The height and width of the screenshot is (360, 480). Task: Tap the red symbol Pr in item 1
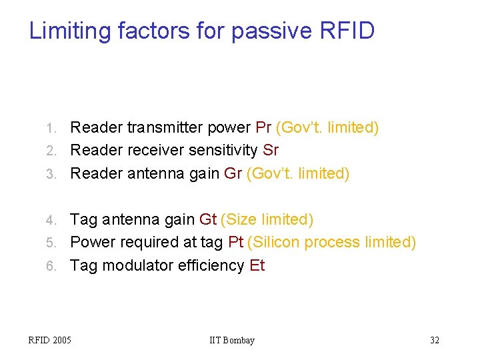pyautogui.click(x=263, y=127)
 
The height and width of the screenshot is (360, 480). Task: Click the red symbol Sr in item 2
pyautogui.click(x=271, y=150)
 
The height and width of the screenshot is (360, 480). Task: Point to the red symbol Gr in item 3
pyautogui.click(x=233, y=173)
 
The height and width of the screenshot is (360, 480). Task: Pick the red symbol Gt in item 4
pyautogui.click(x=207, y=219)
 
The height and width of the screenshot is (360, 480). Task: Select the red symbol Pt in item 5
pyautogui.click(x=235, y=242)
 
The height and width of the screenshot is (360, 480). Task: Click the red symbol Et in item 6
pyautogui.click(x=257, y=265)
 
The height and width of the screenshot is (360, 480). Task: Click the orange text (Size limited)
pyautogui.click(x=267, y=219)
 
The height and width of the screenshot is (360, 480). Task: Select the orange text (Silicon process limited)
pyautogui.click(x=331, y=242)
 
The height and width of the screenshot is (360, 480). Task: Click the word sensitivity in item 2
pyautogui.click(x=223, y=150)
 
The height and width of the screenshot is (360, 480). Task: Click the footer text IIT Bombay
pyautogui.click(x=232, y=340)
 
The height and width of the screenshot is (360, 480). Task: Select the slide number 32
pyautogui.click(x=434, y=340)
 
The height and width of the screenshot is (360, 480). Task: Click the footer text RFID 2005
pyautogui.click(x=49, y=340)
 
